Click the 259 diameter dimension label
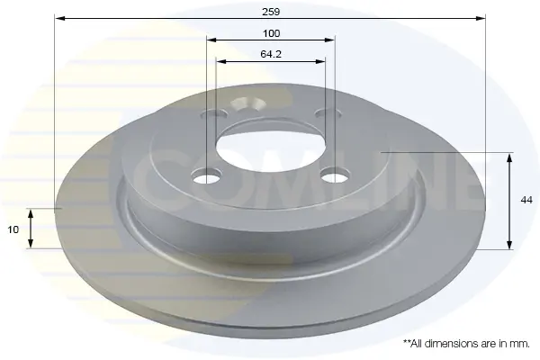(x=271, y=12)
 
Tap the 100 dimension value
(x=272, y=33)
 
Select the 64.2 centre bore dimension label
(x=271, y=54)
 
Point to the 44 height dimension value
(x=526, y=200)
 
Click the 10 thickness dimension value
(x=13, y=229)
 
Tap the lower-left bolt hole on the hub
(x=206, y=175)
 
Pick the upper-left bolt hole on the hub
(x=216, y=114)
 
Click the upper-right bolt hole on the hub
(x=328, y=113)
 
